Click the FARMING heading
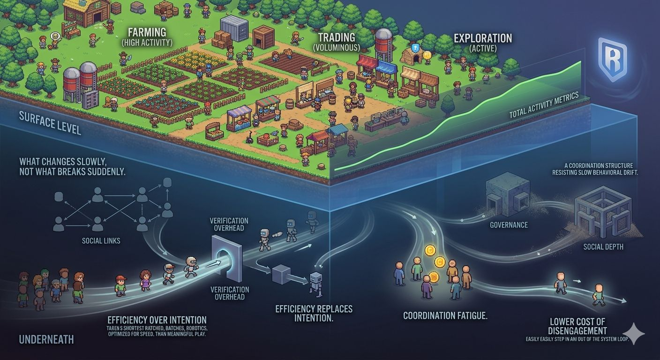click(x=147, y=32)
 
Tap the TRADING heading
click(x=336, y=37)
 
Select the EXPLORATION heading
click(x=482, y=38)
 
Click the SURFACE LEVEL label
click(x=50, y=123)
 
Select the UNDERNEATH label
click(x=46, y=339)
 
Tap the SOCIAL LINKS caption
click(x=101, y=240)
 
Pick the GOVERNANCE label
click(x=509, y=225)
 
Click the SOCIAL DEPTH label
click(x=603, y=246)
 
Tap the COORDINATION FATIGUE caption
click(x=445, y=315)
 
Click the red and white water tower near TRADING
click(x=383, y=45)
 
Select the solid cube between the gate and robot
click(x=281, y=274)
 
